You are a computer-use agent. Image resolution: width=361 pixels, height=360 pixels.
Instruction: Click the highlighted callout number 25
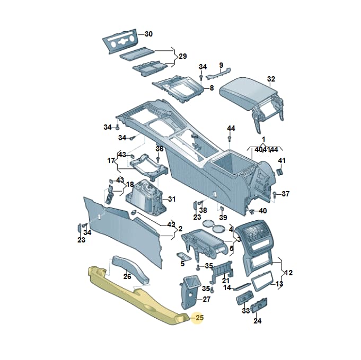click(199, 318)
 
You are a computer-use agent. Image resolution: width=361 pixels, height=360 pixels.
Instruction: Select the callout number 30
click(148, 34)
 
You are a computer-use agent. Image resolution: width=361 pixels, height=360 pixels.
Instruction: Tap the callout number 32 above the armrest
click(271, 79)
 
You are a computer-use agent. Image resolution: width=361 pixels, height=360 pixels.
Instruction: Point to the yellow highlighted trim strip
click(138, 296)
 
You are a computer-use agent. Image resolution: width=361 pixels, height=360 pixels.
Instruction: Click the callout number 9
click(221, 65)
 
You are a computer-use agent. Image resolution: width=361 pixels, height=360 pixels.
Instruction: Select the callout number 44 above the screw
click(231, 128)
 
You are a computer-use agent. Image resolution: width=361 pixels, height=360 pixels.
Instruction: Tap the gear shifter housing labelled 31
click(145, 197)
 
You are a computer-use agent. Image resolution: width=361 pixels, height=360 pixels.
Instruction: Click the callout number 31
click(172, 199)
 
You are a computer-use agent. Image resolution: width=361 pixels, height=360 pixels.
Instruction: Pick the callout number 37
click(285, 194)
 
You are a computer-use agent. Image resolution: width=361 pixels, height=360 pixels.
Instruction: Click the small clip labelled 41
click(280, 172)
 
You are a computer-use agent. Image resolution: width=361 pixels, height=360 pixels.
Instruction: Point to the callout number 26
click(127, 276)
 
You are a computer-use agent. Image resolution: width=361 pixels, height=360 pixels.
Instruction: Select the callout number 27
click(206, 299)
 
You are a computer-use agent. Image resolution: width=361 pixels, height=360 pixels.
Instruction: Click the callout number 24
click(257, 321)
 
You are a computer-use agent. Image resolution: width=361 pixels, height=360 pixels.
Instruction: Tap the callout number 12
click(288, 273)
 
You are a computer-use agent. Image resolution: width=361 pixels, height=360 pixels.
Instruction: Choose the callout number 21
click(226, 281)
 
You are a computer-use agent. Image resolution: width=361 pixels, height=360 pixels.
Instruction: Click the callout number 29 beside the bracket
click(182, 56)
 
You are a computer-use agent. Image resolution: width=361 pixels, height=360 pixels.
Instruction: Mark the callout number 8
click(212, 88)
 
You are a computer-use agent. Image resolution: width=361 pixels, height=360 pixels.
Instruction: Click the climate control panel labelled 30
click(120, 42)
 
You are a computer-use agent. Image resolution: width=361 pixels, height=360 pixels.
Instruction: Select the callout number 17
click(111, 161)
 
